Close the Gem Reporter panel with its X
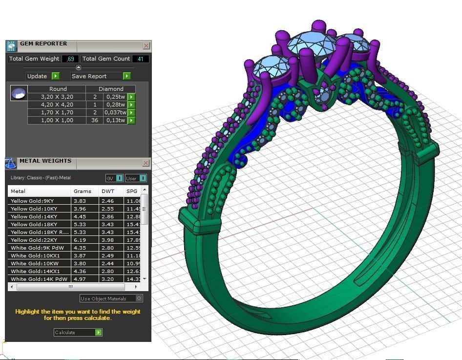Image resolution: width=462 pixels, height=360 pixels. coord(146,45)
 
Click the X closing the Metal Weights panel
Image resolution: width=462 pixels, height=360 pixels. coord(146,163)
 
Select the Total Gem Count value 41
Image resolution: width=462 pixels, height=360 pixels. coord(141,59)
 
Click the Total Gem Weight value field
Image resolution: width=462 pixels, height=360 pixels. coord(70,59)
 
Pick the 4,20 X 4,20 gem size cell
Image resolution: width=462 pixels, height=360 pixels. coord(57,105)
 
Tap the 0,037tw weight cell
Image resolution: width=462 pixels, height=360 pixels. coord(115,112)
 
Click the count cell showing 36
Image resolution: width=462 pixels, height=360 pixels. coord(95,120)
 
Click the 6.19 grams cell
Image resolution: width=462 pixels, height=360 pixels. coord(80,240)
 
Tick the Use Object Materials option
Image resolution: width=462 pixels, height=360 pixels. coord(139,298)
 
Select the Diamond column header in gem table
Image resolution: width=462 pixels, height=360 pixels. coord(111,89)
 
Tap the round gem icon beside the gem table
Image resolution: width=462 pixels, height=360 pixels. coord(19,93)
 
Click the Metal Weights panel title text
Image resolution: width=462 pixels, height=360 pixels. coord(45,161)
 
